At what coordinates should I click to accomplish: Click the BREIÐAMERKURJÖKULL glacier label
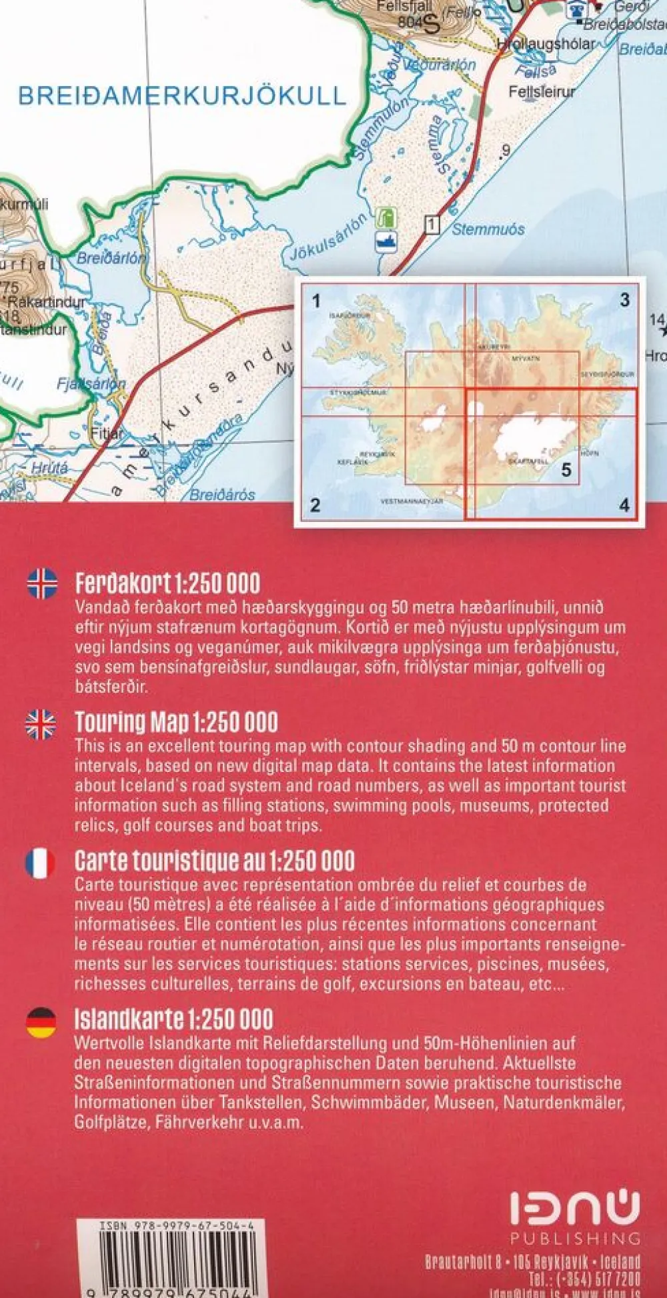(181, 96)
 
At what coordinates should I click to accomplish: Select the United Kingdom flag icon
(41, 724)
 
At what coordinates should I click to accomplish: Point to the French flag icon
(40, 863)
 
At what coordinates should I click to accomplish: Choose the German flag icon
(41, 1023)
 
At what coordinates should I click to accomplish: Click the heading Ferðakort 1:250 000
(167, 583)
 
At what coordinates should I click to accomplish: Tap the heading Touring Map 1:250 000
(176, 723)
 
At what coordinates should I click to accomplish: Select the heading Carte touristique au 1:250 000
(214, 861)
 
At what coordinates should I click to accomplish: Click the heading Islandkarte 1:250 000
(173, 1019)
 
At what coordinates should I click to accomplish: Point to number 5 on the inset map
(566, 470)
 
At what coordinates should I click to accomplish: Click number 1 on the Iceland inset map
(316, 301)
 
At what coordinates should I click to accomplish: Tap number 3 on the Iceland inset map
(624, 300)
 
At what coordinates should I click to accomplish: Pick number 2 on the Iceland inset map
(315, 505)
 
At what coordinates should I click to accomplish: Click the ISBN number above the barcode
(176, 1225)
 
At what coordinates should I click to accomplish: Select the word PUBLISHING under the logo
(575, 1238)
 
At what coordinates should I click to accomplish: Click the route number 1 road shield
(432, 225)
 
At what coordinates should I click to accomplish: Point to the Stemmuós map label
(488, 230)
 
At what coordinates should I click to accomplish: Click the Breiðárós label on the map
(222, 495)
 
